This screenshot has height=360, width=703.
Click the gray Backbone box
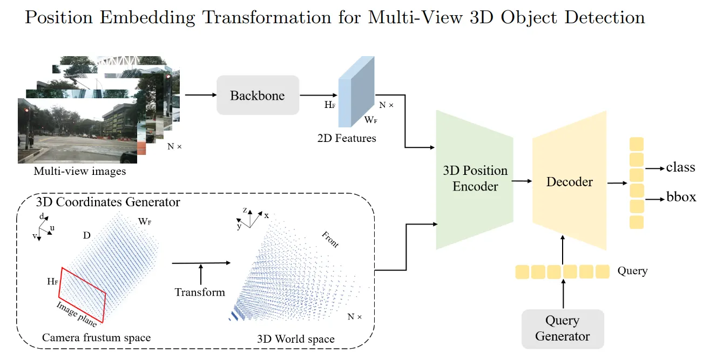[x=258, y=96]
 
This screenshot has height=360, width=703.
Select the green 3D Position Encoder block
[x=475, y=179]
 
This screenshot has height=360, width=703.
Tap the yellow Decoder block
[x=569, y=182]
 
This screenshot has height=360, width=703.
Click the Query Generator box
[x=562, y=328]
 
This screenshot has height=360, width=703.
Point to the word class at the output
[x=680, y=167]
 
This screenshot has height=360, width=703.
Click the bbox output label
[x=681, y=198]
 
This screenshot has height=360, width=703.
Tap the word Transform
[x=200, y=292]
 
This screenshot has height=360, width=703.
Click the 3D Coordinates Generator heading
[x=108, y=203]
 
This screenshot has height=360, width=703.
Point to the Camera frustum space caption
[x=96, y=338]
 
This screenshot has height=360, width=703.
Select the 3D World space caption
[x=295, y=339]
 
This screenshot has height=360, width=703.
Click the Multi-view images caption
[x=79, y=172]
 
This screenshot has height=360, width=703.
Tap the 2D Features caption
[x=347, y=138]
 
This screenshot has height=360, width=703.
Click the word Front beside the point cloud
[x=329, y=240]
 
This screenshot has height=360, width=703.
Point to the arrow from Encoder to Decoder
[x=520, y=182]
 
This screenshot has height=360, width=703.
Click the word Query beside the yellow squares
[x=632, y=270]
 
